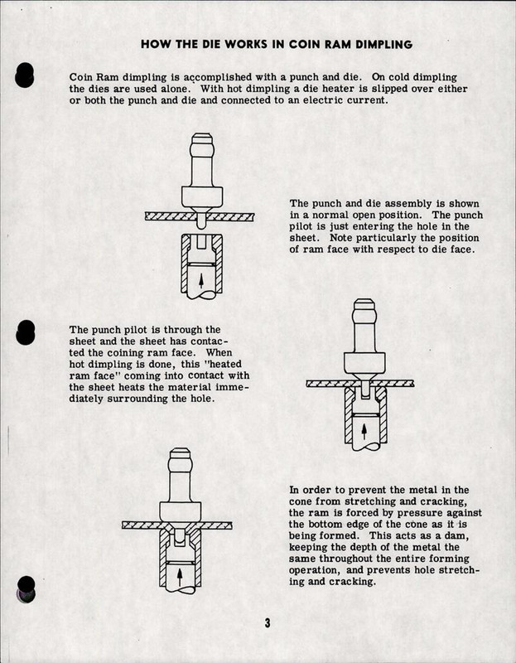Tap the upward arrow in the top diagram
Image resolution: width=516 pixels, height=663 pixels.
[x=200, y=279]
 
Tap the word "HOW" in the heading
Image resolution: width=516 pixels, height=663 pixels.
[x=155, y=42]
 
